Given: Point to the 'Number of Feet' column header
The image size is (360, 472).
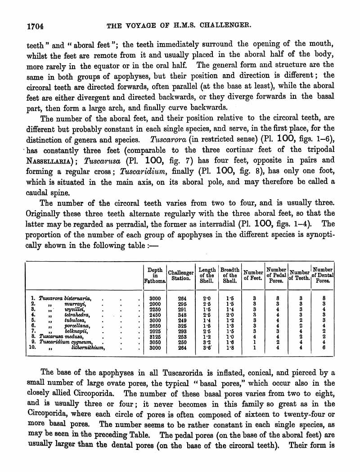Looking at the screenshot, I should [253, 275].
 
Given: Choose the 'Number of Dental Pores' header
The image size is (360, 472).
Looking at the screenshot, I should [323, 275].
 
